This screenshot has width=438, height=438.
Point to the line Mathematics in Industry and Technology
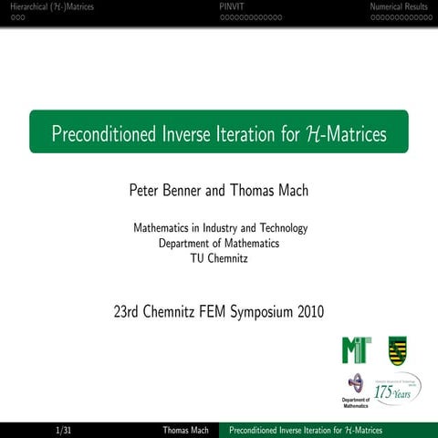point(220,228)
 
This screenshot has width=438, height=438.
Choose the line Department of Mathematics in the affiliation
point(219,243)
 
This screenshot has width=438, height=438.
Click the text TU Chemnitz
point(219,258)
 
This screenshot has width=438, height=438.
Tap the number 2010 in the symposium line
point(310,312)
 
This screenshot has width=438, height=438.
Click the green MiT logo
point(356,349)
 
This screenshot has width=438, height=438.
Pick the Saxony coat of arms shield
point(397,349)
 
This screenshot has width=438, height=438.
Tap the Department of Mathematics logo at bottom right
point(355,389)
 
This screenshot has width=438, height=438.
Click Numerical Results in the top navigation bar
point(399,6)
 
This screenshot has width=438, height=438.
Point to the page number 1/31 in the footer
point(64,430)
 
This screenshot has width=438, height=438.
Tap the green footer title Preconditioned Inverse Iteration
point(306,430)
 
